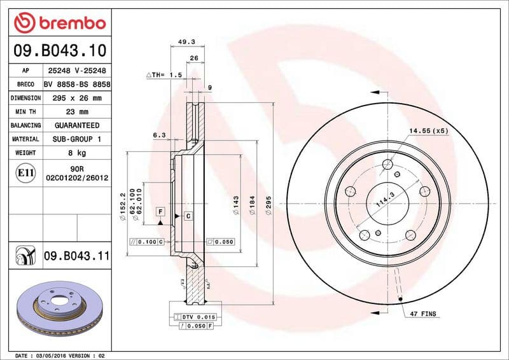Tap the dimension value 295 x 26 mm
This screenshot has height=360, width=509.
point(73,98)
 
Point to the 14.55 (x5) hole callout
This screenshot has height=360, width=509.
point(428,130)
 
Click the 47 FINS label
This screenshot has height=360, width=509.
point(422,314)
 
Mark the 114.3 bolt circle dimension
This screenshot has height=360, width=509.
point(382,203)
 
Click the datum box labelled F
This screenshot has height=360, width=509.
point(160,211)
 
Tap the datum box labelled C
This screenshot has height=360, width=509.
point(188,216)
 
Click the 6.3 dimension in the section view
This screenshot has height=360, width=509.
point(159,135)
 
